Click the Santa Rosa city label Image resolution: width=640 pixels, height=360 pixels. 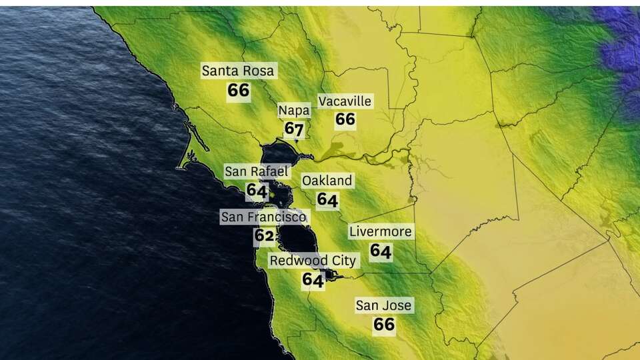click(239, 71)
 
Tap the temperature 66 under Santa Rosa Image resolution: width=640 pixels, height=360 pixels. click(239, 90)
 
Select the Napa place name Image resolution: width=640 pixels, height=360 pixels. click(294, 110)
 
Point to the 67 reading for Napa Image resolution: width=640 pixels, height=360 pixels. click(294, 128)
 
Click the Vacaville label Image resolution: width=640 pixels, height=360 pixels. click(345, 101)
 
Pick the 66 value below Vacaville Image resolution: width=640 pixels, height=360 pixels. click(345, 119)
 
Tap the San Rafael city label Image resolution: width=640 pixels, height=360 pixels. click(257, 171)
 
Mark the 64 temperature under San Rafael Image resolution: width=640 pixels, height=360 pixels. click(257, 191)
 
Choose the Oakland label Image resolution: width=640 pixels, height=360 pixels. click(327, 181)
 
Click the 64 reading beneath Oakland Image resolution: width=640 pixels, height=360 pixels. click(327, 199)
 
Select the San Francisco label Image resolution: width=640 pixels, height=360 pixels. click(264, 217)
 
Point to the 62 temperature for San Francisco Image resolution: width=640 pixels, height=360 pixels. click(264, 235)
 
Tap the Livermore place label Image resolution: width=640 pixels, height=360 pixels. click(381, 232)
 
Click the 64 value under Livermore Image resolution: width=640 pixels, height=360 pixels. click(381, 251)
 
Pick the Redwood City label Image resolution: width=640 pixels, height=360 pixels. click(313, 261)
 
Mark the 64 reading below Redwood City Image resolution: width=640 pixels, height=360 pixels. click(313, 280)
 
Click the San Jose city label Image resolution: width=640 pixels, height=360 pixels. click(383, 306)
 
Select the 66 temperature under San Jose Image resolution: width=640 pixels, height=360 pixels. click(384, 325)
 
